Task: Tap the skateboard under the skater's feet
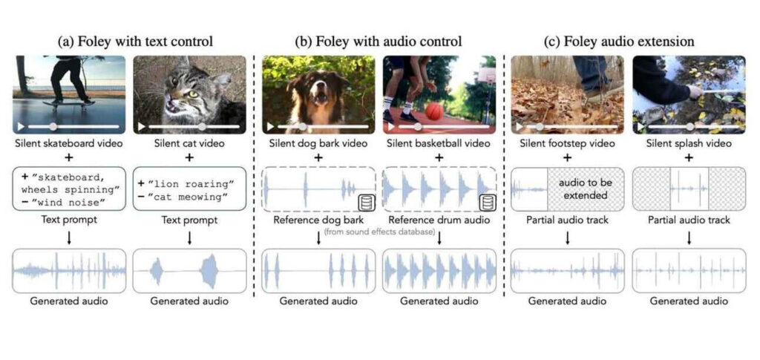coord(68,102)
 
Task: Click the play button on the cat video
coord(141,126)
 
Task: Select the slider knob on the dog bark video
coord(302,126)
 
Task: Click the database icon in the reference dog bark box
coord(365,203)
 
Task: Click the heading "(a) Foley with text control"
coord(135,42)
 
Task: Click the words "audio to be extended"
coord(586,189)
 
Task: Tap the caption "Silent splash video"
coord(689,143)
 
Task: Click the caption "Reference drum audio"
coord(439,220)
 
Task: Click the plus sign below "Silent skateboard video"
coord(69,158)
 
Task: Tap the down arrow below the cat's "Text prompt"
coord(189,237)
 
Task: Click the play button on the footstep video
coord(519,126)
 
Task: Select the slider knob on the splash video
coord(689,126)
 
